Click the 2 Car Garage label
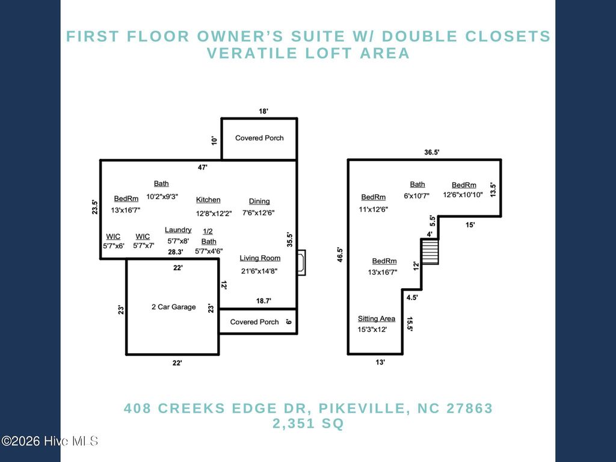point(173,307)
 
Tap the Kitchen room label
point(208,200)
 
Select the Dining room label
point(259,201)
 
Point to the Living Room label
point(260,258)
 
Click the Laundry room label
point(178,230)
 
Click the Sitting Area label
point(377,318)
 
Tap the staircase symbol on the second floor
point(430,251)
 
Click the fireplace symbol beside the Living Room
point(301,263)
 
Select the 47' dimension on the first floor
point(203,167)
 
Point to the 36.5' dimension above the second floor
point(431,153)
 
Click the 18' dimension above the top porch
point(263,111)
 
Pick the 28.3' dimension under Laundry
point(175,252)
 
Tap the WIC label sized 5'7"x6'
point(113,245)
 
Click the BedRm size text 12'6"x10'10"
point(463,195)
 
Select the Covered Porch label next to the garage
point(254,322)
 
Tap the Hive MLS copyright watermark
point(50,441)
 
